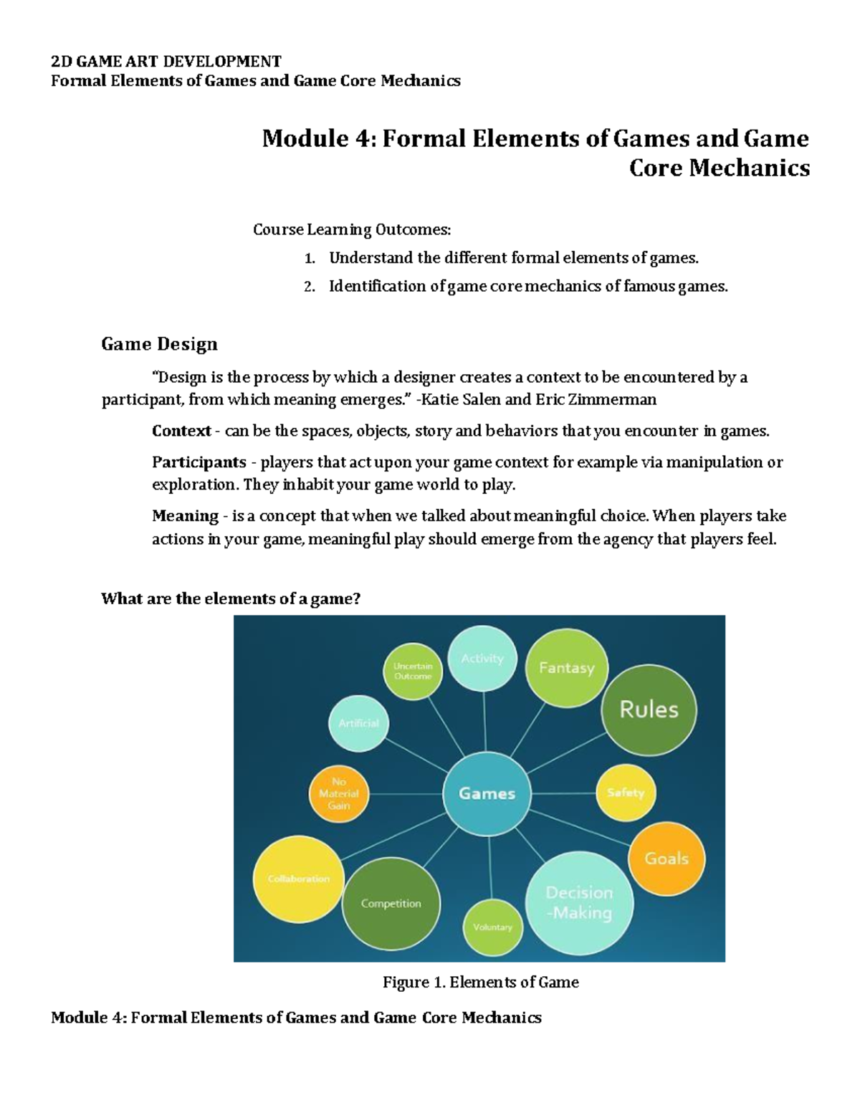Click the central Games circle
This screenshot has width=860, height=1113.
pos(487,793)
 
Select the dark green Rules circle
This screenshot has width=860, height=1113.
pos(649,710)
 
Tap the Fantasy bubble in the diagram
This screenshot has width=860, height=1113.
pos(567,668)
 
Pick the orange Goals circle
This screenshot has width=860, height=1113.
pos(666,858)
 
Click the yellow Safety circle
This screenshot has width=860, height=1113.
pos(626,793)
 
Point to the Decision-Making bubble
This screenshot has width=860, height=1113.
pos(579,902)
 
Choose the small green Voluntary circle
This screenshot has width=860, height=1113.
pos(493,927)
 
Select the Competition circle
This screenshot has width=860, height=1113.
pos(391,904)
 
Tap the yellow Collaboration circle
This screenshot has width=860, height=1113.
pos(299,879)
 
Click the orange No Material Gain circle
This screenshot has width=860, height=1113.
pos(339,794)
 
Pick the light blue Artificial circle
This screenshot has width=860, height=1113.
pos(358,723)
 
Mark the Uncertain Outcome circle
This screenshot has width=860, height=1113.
pos(413,671)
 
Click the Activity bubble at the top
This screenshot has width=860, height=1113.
pos(482,659)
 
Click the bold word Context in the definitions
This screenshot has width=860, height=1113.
pos(181,431)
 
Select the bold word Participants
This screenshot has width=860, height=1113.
pos(199,462)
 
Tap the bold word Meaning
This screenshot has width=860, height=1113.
pos(185,516)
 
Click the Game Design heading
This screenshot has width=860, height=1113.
pos(159,344)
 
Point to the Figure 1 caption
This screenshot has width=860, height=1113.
pos(480,983)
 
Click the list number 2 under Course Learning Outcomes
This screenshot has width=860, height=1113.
pos(309,287)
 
